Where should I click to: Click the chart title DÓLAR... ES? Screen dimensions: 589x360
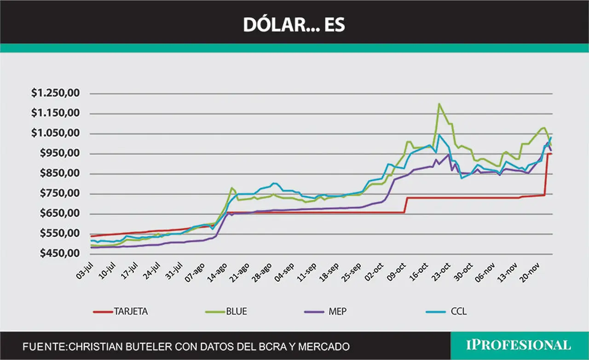[294, 25]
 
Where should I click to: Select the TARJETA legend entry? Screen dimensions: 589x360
[121, 311]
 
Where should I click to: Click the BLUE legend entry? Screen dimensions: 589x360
[226, 311]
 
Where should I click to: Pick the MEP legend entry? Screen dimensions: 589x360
[325, 311]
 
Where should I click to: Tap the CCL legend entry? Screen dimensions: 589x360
[446, 311]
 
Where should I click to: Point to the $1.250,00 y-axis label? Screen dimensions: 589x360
[55, 93]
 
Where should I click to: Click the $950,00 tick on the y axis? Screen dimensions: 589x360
[60, 153]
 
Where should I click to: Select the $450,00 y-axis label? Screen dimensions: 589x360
[60, 253]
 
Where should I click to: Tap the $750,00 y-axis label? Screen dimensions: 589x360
[60, 194]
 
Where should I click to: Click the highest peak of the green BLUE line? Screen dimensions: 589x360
[439, 104]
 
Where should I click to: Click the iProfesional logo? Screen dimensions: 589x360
[518, 345]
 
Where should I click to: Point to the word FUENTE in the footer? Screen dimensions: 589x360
[44, 347]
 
